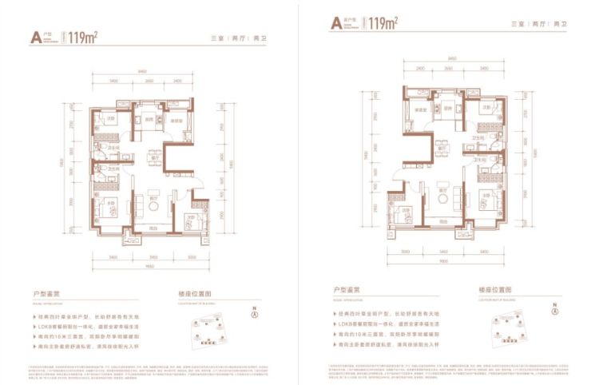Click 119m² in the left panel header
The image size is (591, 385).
pyautogui.click(x=83, y=37)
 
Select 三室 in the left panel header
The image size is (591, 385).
pyautogui.click(x=216, y=38)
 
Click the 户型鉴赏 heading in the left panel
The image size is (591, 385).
pyautogui.click(x=42, y=292)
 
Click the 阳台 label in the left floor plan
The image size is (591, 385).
pyautogui.click(x=153, y=227)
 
